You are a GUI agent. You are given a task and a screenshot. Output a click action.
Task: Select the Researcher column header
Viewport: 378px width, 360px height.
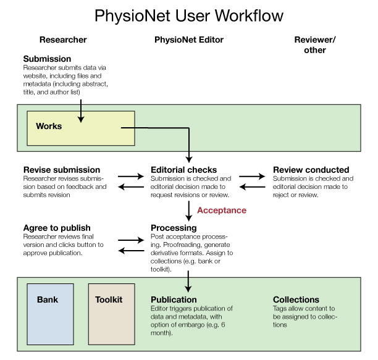(x=63, y=40)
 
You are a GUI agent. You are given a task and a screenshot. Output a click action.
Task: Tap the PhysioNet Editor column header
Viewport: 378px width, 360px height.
(x=188, y=40)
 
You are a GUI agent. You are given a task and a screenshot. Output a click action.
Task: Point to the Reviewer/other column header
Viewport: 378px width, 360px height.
(x=315, y=44)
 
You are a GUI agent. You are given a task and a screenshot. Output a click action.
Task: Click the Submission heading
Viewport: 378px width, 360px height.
(x=48, y=59)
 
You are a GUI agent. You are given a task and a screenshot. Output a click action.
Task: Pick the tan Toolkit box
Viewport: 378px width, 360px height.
(x=111, y=314)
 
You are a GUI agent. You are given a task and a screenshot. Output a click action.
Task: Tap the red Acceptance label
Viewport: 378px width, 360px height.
(x=221, y=211)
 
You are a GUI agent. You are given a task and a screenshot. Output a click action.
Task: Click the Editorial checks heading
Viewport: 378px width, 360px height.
(x=183, y=170)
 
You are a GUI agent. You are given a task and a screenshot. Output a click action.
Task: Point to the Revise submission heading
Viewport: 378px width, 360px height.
(x=61, y=170)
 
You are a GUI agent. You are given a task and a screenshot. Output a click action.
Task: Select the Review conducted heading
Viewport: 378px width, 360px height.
(x=311, y=170)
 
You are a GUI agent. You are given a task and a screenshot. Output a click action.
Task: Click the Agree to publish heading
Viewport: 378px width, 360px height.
(x=57, y=228)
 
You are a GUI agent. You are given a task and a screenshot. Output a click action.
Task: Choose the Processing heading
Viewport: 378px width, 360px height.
(x=174, y=228)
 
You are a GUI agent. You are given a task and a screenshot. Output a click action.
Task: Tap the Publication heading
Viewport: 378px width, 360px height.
(x=175, y=299)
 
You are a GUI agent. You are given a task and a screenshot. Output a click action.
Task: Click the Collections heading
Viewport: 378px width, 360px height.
(x=296, y=299)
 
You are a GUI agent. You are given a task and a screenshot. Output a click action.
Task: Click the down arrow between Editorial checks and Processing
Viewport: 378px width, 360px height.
(x=188, y=210)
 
